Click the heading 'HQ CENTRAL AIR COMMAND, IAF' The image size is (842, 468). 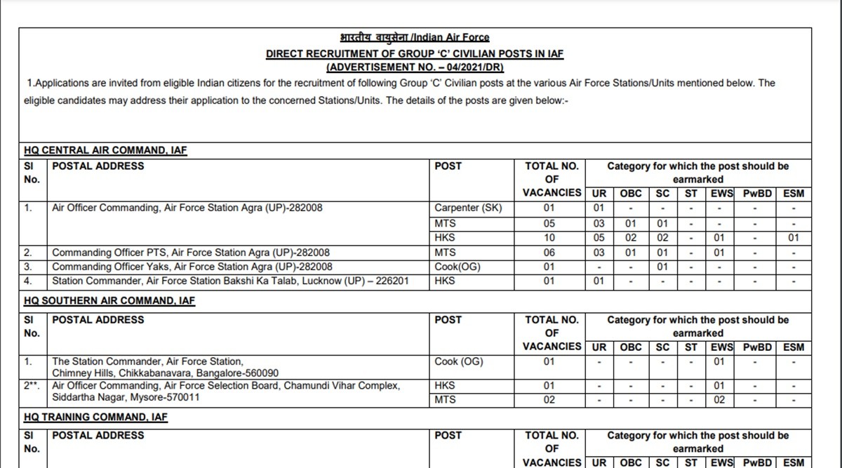point(105,150)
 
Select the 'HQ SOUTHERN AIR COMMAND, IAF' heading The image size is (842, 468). point(109,300)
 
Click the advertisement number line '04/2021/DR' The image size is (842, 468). point(415,67)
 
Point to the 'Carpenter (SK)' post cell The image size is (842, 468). point(468,208)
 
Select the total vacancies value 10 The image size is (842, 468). point(549,238)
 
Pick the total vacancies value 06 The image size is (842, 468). point(549,252)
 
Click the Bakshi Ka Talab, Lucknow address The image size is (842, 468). point(231,281)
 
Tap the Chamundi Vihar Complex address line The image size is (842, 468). point(226,386)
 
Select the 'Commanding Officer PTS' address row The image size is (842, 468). point(191,252)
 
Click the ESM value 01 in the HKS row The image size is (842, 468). point(794,238)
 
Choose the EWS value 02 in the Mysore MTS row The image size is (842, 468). point(719,400)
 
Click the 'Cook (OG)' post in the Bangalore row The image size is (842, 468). point(459,361)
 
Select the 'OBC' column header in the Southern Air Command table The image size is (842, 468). point(631,347)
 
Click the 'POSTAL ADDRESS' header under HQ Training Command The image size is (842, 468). point(98,435)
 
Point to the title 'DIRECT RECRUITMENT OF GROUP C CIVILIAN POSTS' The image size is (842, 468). point(415,54)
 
